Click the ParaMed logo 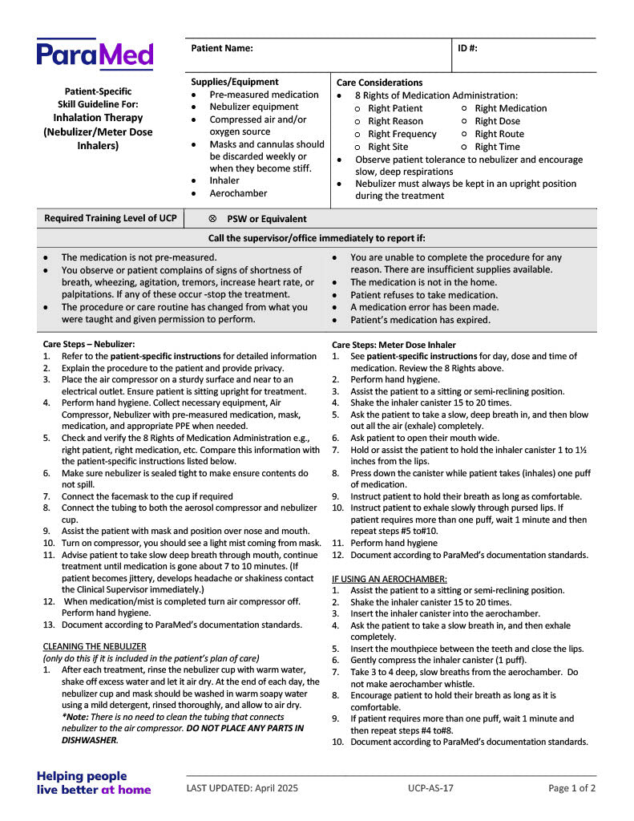click(x=95, y=55)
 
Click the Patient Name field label click(x=222, y=48)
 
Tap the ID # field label click(x=467, y=48)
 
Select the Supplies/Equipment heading click(x=235, y=82)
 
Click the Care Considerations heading click(x=379, y=83)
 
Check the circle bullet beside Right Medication click(x=466, y=108)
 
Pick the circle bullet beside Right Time click(x=466, y=147)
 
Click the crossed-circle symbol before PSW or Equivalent click(x=212, y=219)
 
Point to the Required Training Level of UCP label click(x=111, y=218)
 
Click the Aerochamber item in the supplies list click(x=238, y=193)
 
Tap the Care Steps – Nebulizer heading click(x=89, y=344)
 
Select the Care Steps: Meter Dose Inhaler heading click(x=394, y=345)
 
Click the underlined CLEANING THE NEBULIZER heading click(x=94, y=646)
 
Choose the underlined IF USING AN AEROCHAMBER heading click(x=389, y=578)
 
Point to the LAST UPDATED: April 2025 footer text click(x=242, y=788)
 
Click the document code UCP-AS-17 click(x=430, y=788)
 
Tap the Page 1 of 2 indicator click(x=571, y=788)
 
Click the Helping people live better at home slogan click(x=93, y=783)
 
